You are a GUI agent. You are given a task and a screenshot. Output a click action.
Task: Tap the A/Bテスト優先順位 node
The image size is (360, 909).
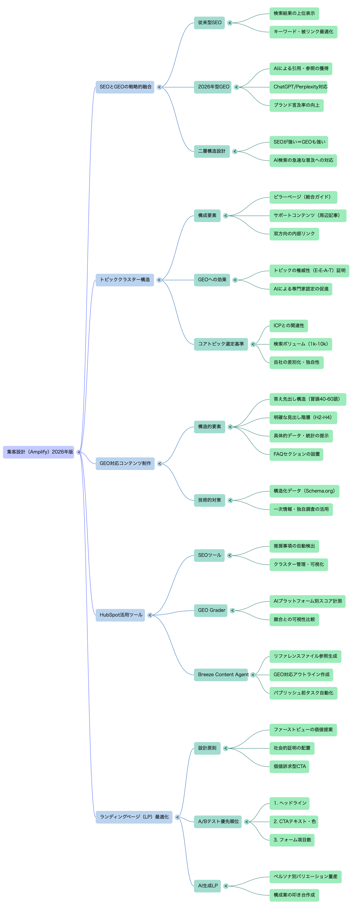coord(218,822)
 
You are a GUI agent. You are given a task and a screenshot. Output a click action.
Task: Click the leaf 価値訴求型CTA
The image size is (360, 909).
coord(289,766)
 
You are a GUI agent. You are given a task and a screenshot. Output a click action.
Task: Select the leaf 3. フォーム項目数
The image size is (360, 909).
coord(292,840)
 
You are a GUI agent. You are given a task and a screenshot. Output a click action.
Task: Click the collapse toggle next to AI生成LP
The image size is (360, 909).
coord(226,886)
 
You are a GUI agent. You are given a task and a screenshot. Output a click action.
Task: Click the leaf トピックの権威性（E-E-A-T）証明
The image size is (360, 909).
coord(309,271)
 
